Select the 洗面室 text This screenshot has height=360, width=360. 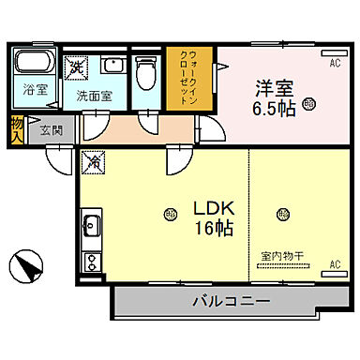point(94,95)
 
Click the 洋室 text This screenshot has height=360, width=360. point(277,87)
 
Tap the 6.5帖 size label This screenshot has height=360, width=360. point(277,109)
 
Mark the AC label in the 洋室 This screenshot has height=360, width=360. point(335,64)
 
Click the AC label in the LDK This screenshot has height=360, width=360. point(333,265)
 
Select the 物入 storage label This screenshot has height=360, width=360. point(17,128)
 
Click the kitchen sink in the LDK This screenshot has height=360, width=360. point(92,228)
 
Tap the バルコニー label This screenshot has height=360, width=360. point(232,302)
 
